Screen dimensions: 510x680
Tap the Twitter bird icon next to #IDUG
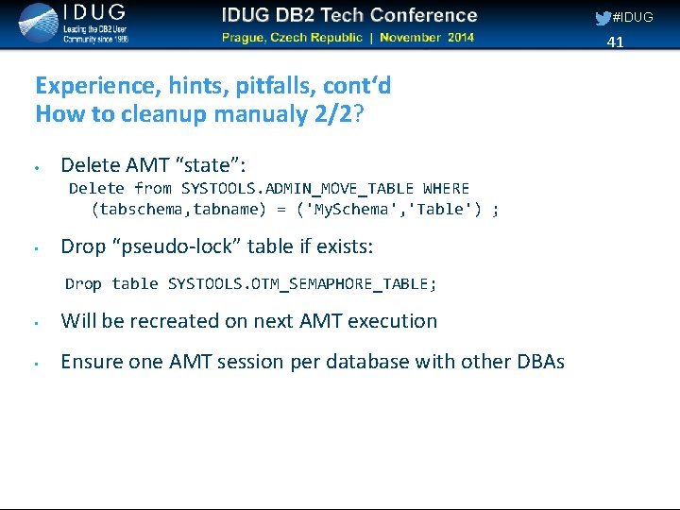pyautogui.click(x=603, y=18)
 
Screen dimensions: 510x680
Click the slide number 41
pyautogui.click(x=616, y=42)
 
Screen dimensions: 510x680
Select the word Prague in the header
pyautogui.click(x=246, y=38)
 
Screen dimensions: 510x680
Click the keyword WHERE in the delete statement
pyautogui.click(x=446, y=188)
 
